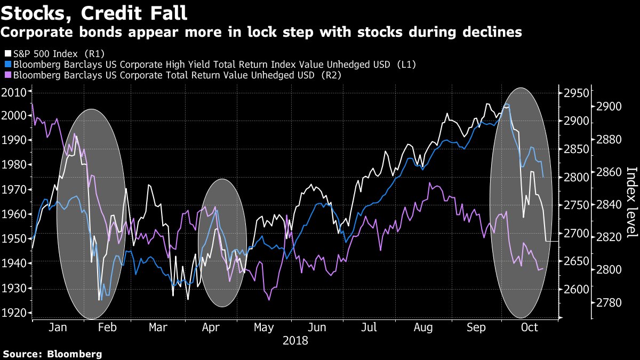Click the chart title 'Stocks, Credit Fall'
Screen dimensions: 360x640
tap(94, 12)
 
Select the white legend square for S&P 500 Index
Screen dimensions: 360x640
tap(7, 54)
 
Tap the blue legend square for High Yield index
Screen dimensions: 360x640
tap(7, 65)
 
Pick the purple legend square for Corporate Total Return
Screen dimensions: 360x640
tap(7, 75)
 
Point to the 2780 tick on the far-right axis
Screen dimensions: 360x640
tap(606, 302)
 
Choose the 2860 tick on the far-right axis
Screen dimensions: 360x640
tap(606, 172)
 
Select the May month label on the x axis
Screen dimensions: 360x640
tap(264, 327)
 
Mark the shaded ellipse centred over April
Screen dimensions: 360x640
tap(222, 243)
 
